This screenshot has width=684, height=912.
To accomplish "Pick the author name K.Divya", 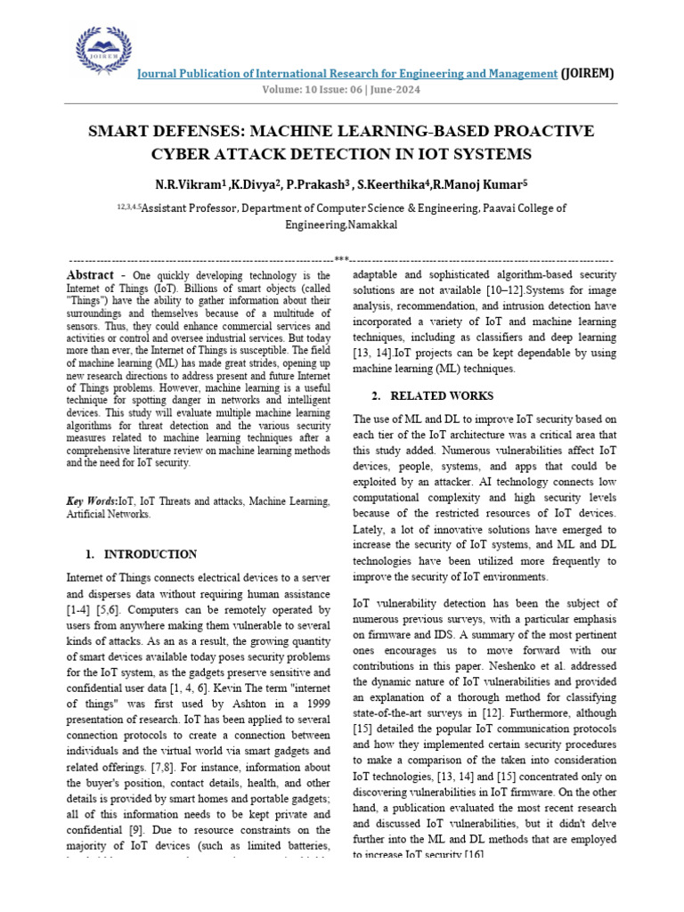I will click(x=255, y=184).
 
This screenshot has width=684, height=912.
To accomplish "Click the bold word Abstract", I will click(x=90, y=275).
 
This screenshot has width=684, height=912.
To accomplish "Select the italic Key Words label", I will click(x=91, y=501).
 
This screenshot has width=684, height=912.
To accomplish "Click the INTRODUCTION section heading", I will click(x=151, y=554).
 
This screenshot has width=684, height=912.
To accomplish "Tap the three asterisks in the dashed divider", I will click(x=341, y=258).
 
